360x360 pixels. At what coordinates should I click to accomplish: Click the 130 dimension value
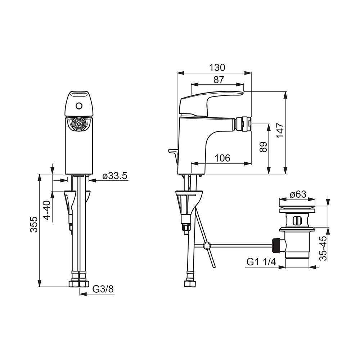[217, 67]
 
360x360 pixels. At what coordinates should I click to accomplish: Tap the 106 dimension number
[222, 158]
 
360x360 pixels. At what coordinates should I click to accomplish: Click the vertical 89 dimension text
[264, 147]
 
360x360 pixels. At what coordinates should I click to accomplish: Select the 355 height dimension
[33, 224]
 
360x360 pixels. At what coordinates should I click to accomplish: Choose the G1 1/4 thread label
[261, 262]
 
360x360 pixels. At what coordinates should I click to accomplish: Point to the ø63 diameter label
[297, 194]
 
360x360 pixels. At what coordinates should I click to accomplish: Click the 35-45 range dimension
[323, 248]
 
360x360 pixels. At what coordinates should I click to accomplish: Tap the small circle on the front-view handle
[79, 106]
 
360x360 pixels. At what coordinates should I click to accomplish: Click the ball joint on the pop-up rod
[206, 246]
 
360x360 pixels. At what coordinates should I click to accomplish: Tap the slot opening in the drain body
[297, 220]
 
